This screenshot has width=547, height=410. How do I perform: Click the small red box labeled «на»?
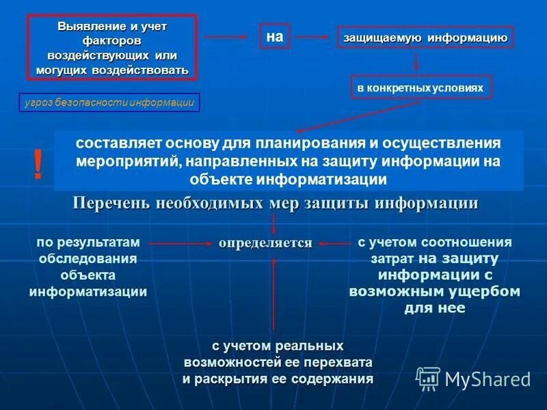pos(274,38)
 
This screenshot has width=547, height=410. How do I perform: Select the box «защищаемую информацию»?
pos(425,38)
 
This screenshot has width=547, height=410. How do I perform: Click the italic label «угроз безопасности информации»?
pos(109,103)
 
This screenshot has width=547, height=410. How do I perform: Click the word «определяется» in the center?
pos(265,243)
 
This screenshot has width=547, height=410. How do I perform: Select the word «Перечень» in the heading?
pos(111,203)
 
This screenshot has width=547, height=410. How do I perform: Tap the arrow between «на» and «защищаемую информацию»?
pos(314,38)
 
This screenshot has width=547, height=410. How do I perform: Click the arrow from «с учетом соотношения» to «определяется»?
pos(334,243)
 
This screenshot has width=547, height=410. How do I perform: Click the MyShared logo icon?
pos(428,378)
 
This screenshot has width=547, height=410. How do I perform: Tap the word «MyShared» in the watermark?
pos(487,379)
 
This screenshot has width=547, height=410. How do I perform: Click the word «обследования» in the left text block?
pos(88,258)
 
